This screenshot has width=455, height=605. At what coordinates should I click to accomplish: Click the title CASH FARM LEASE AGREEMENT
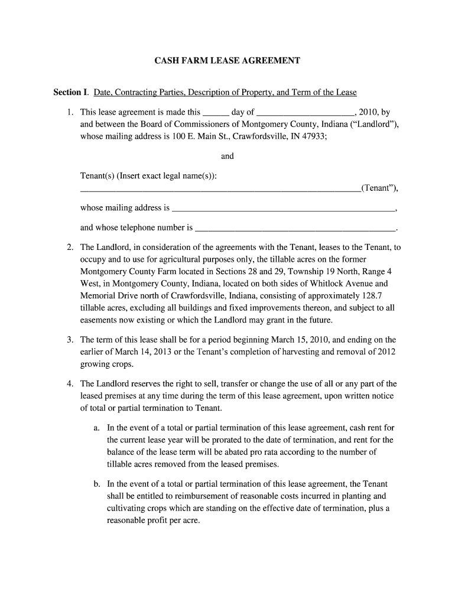coord(227,61)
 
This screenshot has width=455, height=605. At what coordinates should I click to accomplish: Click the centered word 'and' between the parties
coord(227,157)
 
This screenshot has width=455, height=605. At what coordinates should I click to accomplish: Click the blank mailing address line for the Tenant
coord(284,209)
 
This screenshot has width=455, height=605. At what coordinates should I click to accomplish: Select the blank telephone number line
coord(295,228)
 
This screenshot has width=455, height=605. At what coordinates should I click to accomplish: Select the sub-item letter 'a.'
coord(97,428)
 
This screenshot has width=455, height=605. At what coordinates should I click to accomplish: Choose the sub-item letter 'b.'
coord(97,484)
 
